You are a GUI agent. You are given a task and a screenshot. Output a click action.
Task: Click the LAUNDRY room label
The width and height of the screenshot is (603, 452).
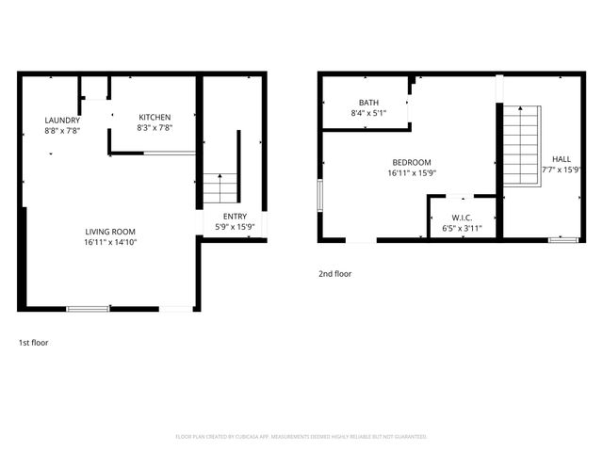tap(62, 121)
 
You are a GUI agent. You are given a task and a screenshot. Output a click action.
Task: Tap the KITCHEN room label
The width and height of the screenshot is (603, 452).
tap(155, 117)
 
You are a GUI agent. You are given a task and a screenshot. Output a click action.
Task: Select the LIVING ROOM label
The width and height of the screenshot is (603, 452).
tap(110, 232)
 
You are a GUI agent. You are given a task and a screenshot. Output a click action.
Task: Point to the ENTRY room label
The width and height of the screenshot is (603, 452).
tap(235, 216)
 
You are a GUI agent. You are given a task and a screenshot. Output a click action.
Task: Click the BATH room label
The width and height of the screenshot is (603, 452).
tap(367, 103)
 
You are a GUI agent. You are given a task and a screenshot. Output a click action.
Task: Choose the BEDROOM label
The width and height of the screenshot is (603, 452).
tap(413, 162)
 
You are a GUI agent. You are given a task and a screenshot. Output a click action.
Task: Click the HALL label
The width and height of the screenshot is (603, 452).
tap(561, 159)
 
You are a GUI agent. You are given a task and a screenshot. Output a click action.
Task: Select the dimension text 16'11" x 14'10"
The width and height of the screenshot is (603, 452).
tap(110, 242)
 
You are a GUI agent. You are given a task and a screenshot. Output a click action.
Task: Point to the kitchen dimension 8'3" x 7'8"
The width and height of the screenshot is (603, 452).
tap(155, 127)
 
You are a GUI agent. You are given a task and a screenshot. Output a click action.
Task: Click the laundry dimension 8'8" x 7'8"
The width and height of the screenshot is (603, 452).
tap(62, 131)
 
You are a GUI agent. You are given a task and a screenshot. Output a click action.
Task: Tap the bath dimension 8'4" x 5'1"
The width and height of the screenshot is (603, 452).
tap(367, 113)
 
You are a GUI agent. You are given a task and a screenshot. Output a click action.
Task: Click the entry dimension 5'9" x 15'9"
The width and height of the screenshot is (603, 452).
tap(235, 226)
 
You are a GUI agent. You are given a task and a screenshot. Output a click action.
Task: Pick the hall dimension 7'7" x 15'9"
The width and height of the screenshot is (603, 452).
tap(561, 170)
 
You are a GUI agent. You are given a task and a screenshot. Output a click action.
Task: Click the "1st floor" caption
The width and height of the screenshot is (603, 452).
tap(33, 343)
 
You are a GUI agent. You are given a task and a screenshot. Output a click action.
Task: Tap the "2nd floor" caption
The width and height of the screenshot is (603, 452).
tap(334, 274)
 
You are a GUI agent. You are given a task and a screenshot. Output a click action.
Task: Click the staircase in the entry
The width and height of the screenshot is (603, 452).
tap(220, 188)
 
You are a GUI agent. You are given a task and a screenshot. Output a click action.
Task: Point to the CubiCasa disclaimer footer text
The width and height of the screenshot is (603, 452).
tap(301, 437)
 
